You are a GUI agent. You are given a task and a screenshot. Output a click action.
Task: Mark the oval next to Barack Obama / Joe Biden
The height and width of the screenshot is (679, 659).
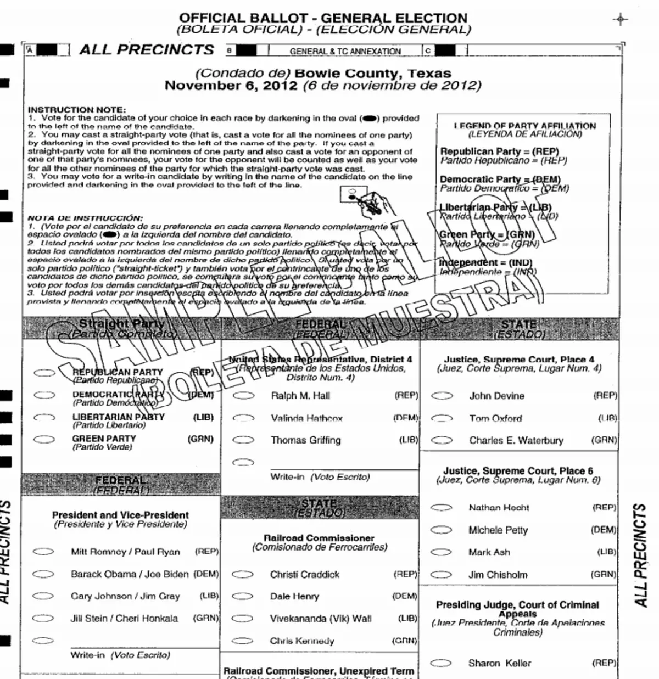pyautogui.click(x=43, y=574)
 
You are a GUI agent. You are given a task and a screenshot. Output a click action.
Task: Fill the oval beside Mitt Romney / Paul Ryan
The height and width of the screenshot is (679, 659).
pyautogui.click(x=43, y=552)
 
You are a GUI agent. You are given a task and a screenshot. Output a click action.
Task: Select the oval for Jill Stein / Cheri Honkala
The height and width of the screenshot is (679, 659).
pyautogui.click(x=43, y=618)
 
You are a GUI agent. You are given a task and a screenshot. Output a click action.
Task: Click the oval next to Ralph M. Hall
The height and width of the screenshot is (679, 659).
pyautogui.click(x=243, y=395)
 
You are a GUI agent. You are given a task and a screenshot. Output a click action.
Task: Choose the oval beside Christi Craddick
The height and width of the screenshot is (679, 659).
pyautogui.click(x=242, y=575)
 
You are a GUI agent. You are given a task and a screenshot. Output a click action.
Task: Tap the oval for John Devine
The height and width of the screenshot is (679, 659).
pyautogui.click(x=442, y=395)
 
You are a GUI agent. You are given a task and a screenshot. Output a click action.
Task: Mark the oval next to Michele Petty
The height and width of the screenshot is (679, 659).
pyautogui.click(x=441, y=530)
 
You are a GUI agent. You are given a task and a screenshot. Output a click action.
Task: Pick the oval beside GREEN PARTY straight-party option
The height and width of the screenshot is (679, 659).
pyautogui.click(x=44, y=439)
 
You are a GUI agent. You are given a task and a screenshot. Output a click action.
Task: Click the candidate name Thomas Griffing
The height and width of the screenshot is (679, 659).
pyautogui.click(x=305, y=440)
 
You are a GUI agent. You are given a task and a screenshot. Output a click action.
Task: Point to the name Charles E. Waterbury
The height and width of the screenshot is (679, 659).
pyautogui.click(x=516, y=440)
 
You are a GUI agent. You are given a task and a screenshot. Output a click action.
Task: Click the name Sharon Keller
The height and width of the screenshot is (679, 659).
pyautogui.click(x=499, y=663)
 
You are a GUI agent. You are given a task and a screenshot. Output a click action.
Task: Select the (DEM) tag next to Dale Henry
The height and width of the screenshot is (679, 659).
pyautogui.click(x=405, y=596)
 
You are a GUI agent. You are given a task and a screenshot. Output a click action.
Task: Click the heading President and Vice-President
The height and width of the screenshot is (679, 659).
pyautogui.click(x=120, y=515)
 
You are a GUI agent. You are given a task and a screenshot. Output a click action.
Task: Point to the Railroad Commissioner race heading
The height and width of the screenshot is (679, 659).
pyautogui.click(x=319, y=538)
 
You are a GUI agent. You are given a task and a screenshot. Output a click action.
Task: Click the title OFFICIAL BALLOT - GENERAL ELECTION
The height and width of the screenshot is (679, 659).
pyautogui.click(x=323, y=18)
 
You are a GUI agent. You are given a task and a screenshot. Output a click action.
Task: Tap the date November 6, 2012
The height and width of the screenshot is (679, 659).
pyautogui.click(x=231, y=86)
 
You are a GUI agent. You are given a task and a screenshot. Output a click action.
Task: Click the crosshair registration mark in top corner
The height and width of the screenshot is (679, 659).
pyautogui.click(x=620, y=19)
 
